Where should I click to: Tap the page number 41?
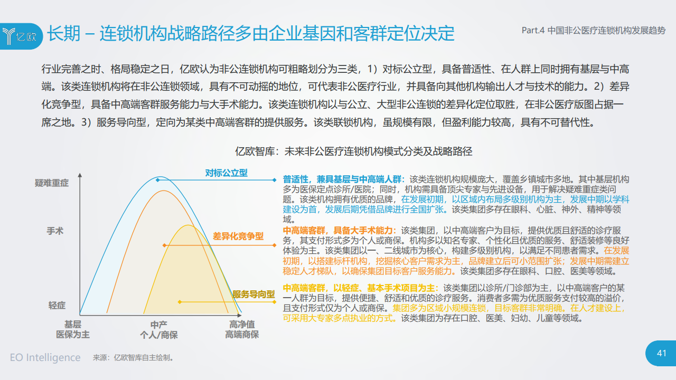click(x=662, y=353)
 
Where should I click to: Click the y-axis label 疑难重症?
click(x=52, y=183)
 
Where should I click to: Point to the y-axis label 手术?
click(x=55, y=231)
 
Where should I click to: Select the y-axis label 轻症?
click(x=57, y=306)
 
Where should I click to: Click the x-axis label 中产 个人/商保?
click(x=159, y=330)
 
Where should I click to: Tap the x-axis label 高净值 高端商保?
click(x=242, y=329)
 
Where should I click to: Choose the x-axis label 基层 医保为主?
click(x=73, y=329)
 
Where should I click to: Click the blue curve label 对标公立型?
click(x=227, y=173)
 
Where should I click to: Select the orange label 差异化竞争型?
click(x=238, y=236)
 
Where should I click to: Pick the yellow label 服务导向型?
click(x=253, y=294)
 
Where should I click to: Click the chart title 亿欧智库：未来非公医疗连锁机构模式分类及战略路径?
click(x=353, y=151)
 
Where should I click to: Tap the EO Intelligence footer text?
click(x=45, y=357)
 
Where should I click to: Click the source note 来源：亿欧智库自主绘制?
click(x=133, y=358)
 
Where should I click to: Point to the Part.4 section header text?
click(x=594, y=31)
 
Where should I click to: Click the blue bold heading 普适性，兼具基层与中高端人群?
click(x=344, y=179)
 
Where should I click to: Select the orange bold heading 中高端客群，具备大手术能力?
click(x=340, y=231)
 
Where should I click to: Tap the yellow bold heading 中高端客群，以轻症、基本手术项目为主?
click(x=361, y=288)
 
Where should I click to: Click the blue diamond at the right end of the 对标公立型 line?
click(x=274, y=180)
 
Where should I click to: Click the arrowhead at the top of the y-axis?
click(x=80, y=175)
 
